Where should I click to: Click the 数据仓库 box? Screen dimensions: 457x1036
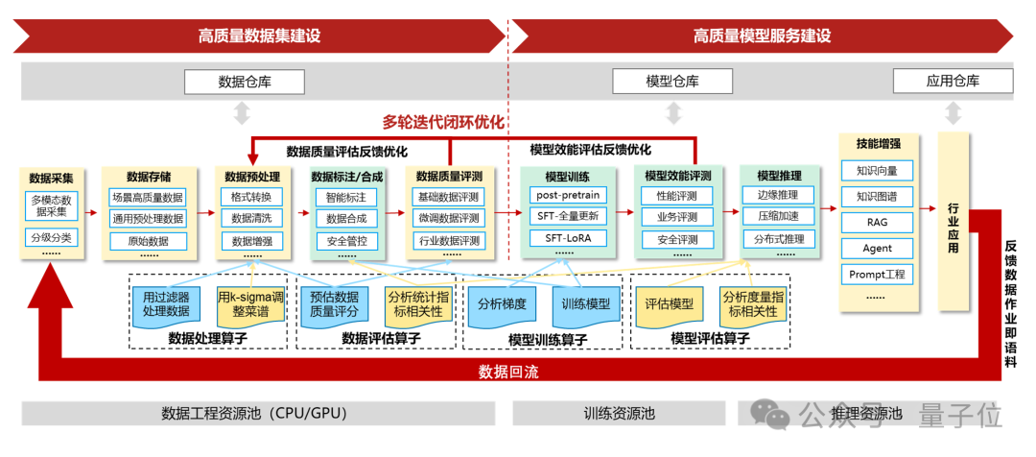[245, 82]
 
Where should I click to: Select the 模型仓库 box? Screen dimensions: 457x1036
[671, 82]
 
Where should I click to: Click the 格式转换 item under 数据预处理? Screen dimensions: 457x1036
[251, 196]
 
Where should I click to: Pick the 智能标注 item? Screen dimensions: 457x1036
[346, 196]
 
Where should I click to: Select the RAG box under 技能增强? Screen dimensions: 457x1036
[877, 222]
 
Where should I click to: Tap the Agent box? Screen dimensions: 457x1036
[877, 248]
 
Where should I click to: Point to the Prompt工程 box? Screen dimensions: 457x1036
[877, 275]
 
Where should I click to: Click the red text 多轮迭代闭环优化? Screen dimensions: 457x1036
[443, 122]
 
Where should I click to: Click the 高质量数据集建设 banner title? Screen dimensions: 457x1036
[259, 36]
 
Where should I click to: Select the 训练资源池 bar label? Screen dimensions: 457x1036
[619, 414]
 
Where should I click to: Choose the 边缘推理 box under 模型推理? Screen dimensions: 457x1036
[778, 195]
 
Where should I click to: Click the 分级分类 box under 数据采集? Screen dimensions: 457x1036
[52, 237]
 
